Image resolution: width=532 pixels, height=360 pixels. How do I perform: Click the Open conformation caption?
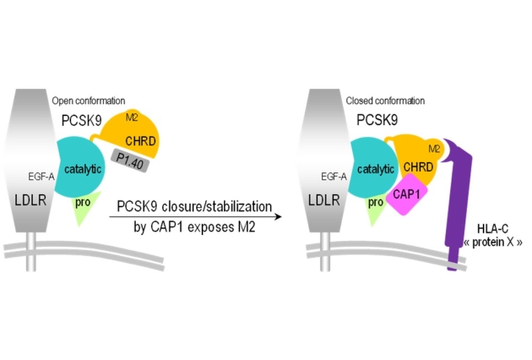point(88,100)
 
